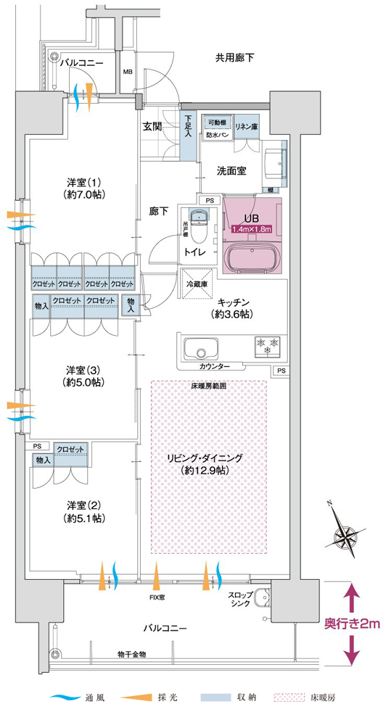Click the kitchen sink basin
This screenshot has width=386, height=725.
click(201, 349)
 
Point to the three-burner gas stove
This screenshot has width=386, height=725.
click(268, 346)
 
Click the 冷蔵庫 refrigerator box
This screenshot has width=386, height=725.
click(196, 283)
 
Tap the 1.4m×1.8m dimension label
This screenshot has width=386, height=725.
click(251, 228)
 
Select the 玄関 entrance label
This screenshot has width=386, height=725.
click(152, 126)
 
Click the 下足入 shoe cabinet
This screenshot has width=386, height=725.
click(188, 136)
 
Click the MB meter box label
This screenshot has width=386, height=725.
click(127, 72)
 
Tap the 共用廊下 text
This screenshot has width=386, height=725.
click(234, 58)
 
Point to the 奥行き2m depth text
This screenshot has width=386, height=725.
click(352, 624)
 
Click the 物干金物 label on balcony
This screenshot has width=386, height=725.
click(132, 654)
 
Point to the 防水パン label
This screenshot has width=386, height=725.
click(215, 135)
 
